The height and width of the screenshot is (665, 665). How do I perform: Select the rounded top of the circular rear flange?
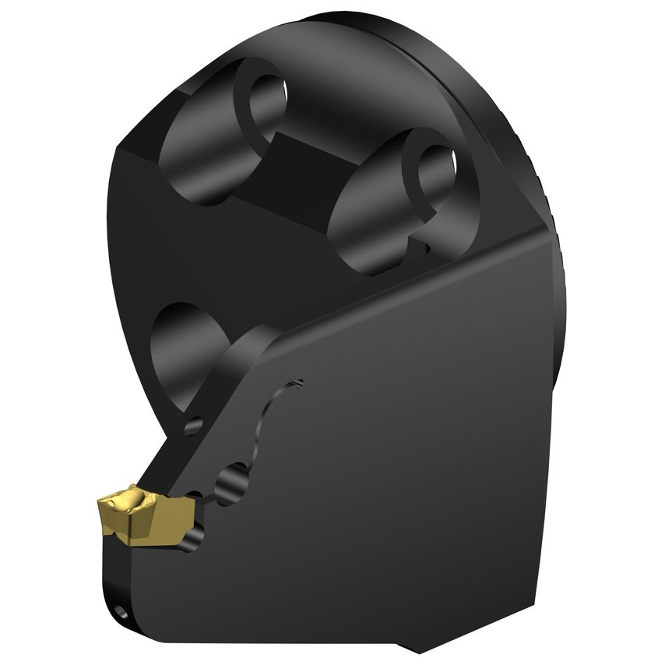coord(374,19)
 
